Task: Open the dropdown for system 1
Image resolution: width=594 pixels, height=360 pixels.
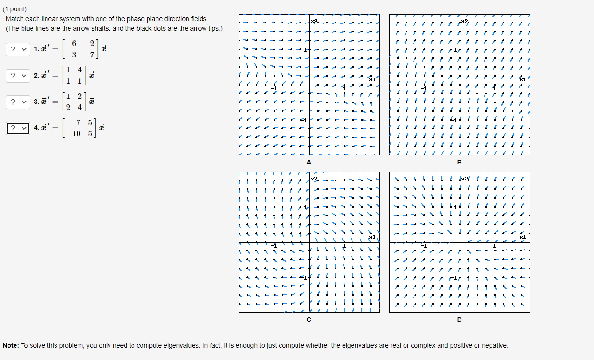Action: [x=18, y=49]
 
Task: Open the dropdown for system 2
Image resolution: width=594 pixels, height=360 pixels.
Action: [x=18, y=75]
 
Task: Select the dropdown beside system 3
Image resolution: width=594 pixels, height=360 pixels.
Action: [x=18, y=102]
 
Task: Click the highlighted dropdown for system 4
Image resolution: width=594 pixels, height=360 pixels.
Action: [x=18, y=128]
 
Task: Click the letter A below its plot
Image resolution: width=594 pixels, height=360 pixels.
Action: [x=309, y=163]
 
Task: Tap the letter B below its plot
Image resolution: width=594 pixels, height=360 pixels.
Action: [x=459, y=163]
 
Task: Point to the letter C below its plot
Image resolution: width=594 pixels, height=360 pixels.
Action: [x=309, y=320]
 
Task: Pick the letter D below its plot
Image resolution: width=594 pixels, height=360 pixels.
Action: [x=459, y=320]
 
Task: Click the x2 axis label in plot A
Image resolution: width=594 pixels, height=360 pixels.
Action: [x=314, y=22]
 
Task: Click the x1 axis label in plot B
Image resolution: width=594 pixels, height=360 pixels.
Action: [x=523, y=80]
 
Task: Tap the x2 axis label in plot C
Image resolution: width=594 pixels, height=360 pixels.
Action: [x=314, y=179]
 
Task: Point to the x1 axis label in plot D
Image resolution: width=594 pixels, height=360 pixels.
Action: [x=523, y=237]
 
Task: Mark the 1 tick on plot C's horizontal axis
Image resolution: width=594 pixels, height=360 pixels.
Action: [x=344, y=246]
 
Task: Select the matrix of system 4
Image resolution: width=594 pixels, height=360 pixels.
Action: [x=80, y=128]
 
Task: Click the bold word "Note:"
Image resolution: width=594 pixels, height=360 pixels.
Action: [x=11, y=345]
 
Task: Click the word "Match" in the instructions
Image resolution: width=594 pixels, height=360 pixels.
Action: [x=15, y=19]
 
